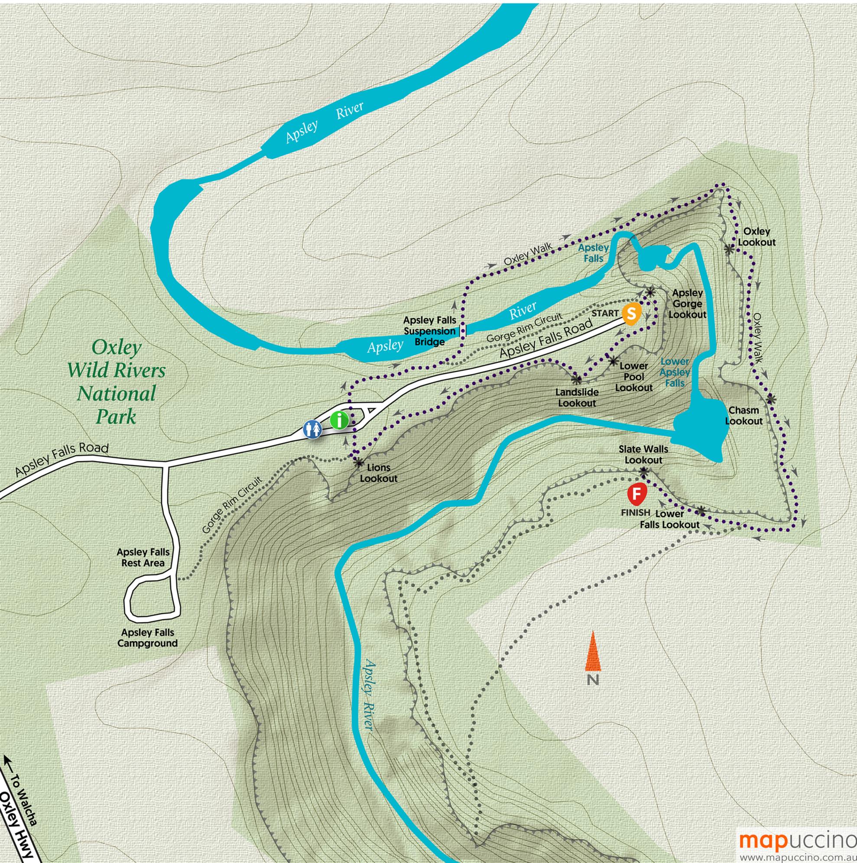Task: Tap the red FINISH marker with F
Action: coord(636,495)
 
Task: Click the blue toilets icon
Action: coord(313,429)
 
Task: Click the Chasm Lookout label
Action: coord(743,415)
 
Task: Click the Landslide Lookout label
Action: coord(577,398)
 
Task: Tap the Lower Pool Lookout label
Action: coord(633,377)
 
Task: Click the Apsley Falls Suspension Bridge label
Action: coord(429,331)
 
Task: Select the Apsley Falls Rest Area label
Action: coord(143,557)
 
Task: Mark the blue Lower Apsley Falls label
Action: coord(675,372)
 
